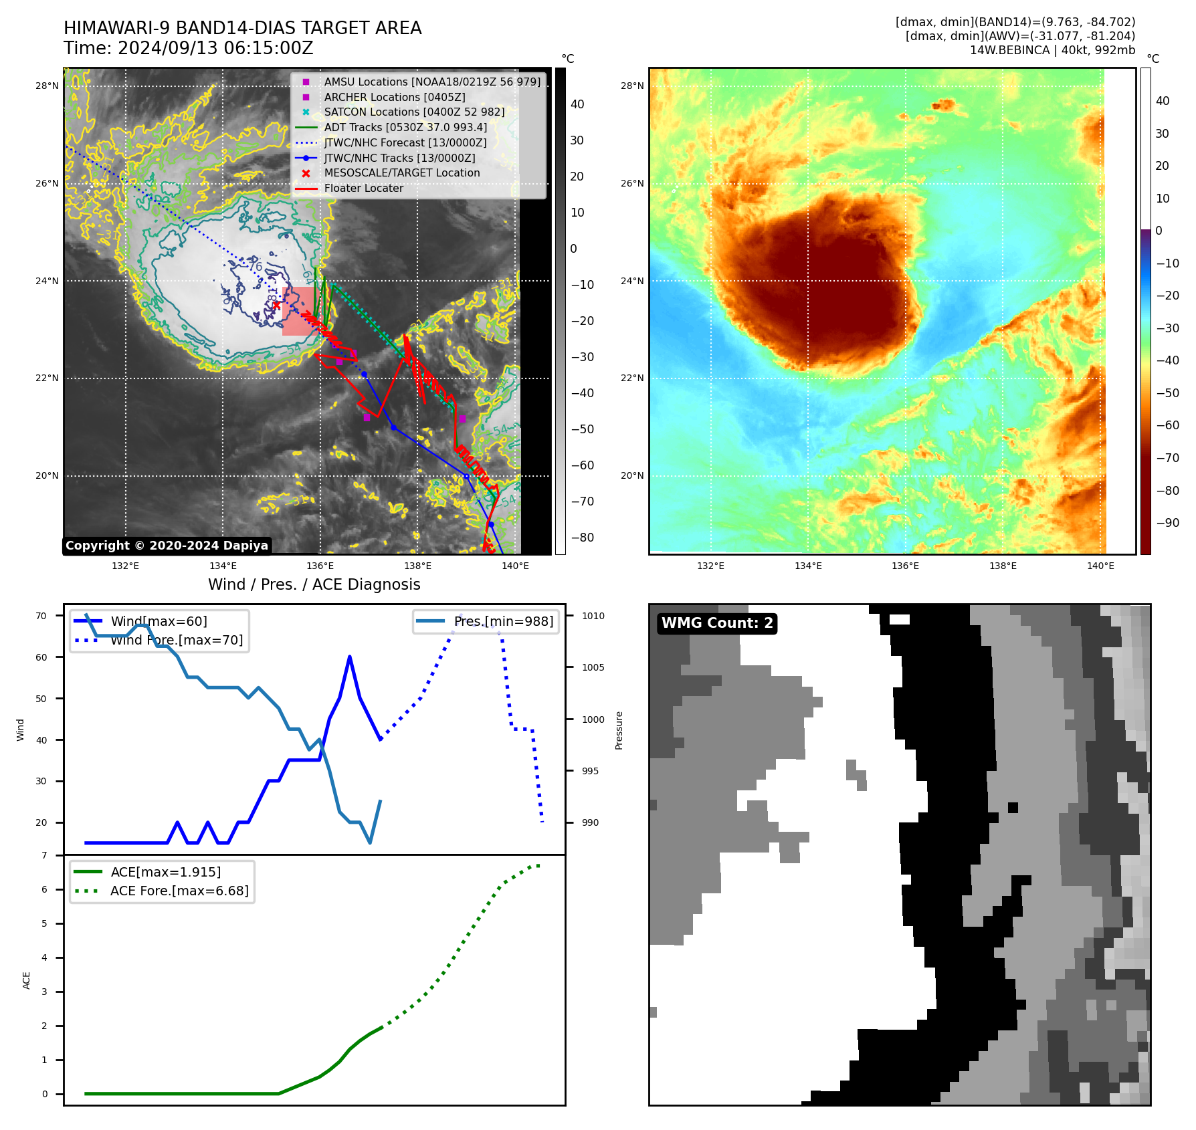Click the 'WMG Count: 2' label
(717, 623)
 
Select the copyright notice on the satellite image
(167, 546)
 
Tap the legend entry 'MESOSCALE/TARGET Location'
(401, 173)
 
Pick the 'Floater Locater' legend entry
(363, 189)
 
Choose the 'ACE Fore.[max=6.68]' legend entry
(179, 891)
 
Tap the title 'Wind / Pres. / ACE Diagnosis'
(314, 585)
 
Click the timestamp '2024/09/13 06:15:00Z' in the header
(215, 49)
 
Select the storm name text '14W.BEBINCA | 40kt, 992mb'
(1052, 50)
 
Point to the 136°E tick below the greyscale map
(320, 566)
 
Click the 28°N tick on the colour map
(632, 86)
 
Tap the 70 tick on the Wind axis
(41, 616)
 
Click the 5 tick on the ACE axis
(45, 924)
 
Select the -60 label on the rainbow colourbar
(1168, 425)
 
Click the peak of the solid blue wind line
(350, 657)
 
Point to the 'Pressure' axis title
(619, 730)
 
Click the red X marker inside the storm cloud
(276, 306)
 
